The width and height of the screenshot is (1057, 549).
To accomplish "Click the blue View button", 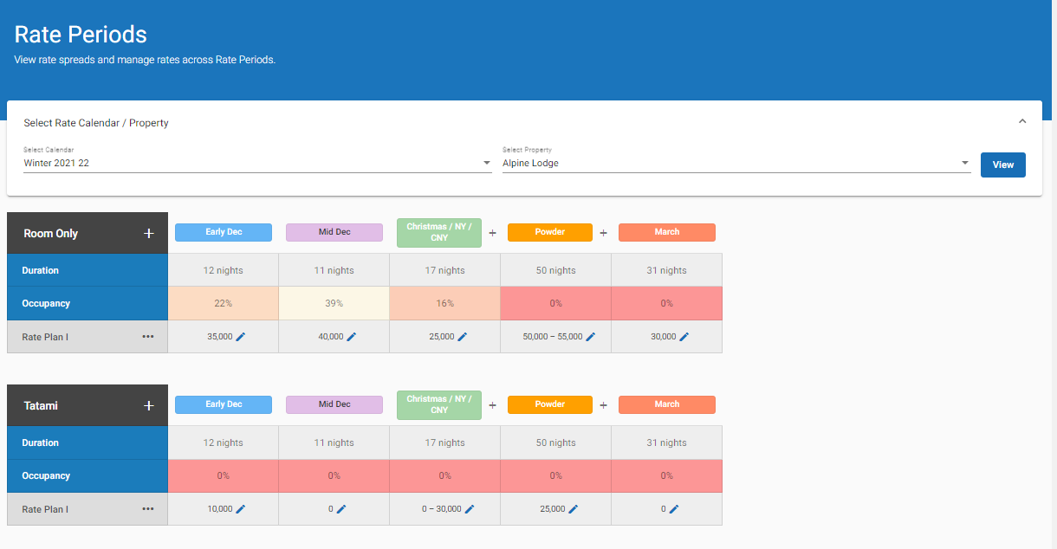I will [x=1002, y=165].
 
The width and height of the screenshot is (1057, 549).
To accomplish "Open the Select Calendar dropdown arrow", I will [x=486, y=163].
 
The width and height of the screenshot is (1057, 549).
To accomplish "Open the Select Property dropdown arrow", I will [x=964, y=163].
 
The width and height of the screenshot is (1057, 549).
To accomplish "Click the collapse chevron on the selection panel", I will [x=1022, y=121].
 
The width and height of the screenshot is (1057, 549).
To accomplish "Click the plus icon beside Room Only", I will [x=148, y=234].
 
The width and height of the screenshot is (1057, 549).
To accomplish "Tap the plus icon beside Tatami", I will [x=148, y=405].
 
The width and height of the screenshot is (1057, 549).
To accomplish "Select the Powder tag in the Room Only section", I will [x=549, y=232].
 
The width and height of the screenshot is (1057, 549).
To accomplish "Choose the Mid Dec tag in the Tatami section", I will [x=334, y=404].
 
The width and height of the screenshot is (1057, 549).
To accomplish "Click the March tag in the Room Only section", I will [x=666, y=232].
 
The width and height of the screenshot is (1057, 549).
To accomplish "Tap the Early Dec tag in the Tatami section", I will [x=224, y=404].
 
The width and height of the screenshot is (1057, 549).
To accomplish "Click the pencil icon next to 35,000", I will [x=241, y=337].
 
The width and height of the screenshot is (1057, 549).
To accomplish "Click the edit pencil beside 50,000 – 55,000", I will [x=591, y=337].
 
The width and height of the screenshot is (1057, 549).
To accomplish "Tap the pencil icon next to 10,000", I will [x=241, y=509].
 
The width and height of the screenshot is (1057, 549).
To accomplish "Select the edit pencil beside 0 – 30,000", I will [x=470, y=509].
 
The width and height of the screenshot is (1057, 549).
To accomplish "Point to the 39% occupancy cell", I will [x=334, y=304].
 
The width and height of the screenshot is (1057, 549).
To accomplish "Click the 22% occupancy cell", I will [x=223, y=304].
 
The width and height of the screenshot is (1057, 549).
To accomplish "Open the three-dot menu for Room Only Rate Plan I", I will [x=148, y=337].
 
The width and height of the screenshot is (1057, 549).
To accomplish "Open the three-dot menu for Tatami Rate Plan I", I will [x=148, y=509].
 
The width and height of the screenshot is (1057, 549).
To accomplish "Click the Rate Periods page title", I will [x=81, y=35].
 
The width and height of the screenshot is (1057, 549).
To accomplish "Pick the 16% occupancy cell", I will [x=444, y=304].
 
